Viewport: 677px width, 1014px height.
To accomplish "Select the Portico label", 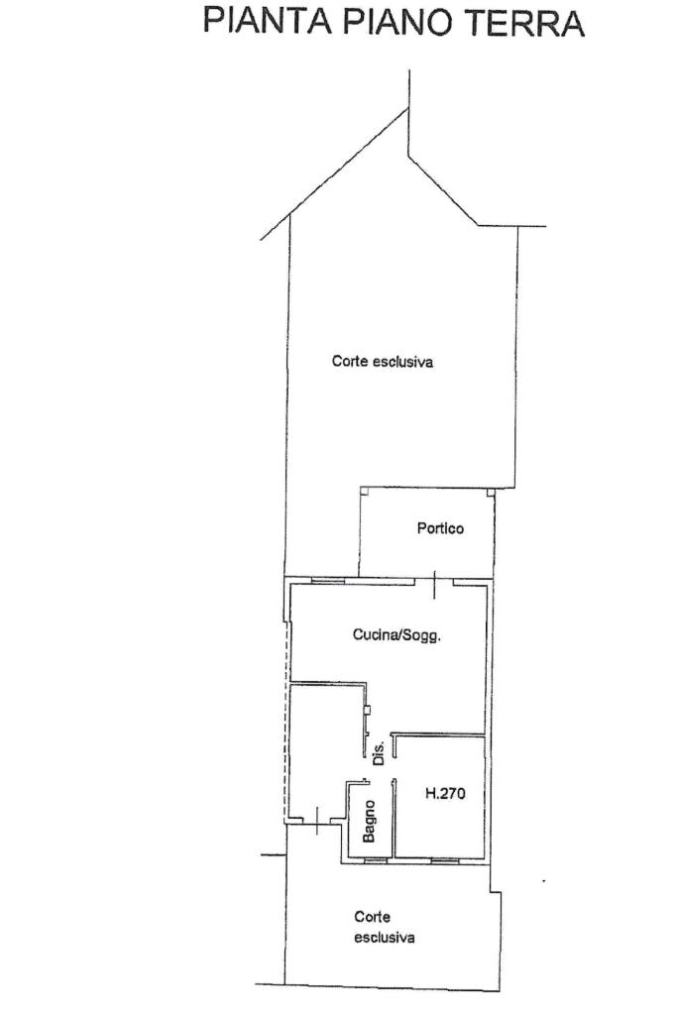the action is point(440,528).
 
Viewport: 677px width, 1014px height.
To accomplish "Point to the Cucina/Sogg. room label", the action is point(397,635).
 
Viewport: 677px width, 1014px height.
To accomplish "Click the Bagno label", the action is point(369,822).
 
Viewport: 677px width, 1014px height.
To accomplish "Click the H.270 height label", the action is point(445,793).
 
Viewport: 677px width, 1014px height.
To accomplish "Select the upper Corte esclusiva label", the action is point(383,362).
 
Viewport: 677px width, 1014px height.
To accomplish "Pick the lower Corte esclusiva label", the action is point(384,927).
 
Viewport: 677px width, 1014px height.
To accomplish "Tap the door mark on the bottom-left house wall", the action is point(317,820).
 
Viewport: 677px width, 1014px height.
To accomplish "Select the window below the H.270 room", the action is point(444,860).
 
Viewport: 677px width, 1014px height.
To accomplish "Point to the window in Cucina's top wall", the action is point(325,581).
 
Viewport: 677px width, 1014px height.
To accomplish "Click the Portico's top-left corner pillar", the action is point(364,492).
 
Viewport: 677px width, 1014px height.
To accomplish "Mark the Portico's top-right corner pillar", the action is point(490,492).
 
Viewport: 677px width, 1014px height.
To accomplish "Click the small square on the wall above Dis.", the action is point(368,710).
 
